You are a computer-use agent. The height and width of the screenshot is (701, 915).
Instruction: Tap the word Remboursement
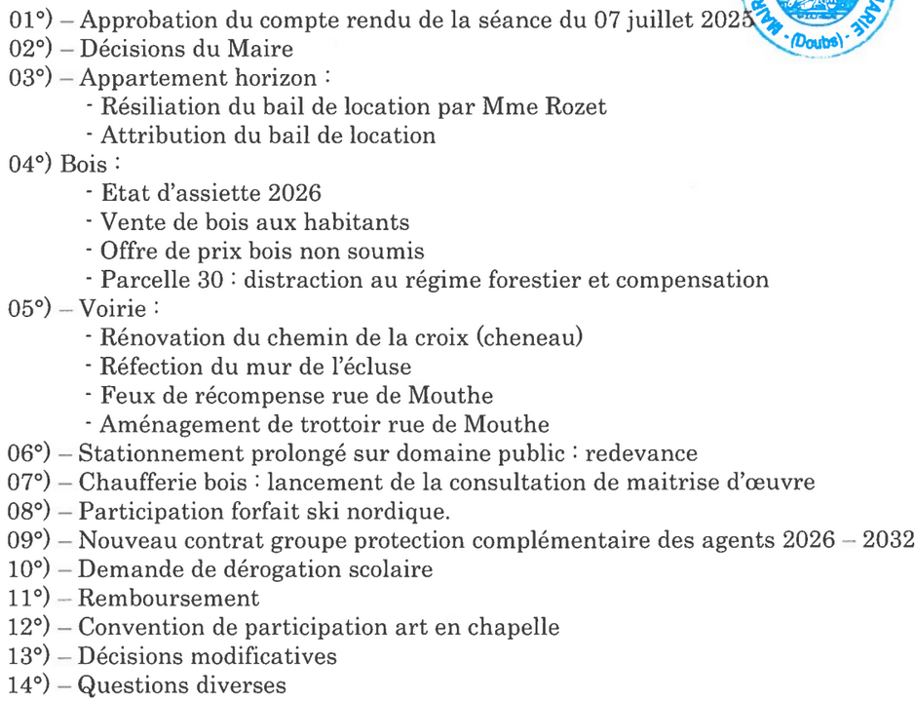[169, 598]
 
